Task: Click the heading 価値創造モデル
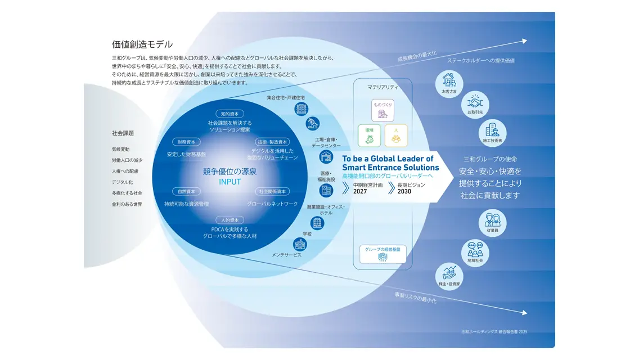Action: coord(142,44)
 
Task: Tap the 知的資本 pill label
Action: coord(229,114)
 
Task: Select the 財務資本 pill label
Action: coord(186,142)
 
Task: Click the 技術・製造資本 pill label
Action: coord(273,142)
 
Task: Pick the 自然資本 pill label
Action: coord(186,191)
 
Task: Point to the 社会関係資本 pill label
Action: coord(273,191)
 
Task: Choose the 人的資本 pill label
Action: coord(229,220)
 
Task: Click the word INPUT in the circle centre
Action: coord(229,182)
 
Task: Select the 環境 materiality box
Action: coord(370,136)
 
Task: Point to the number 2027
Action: coord(360,192)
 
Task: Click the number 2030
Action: coord(404,192)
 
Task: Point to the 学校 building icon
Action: coord(300,244)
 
